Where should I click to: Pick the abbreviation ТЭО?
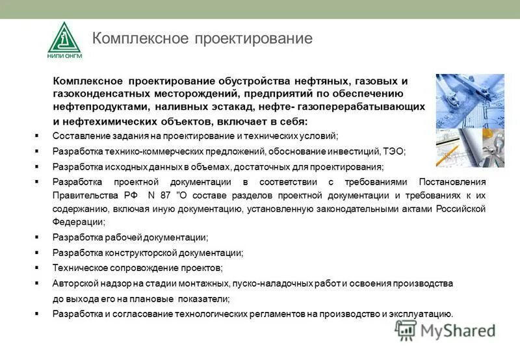(392, 151)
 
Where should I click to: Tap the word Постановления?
(452, 181)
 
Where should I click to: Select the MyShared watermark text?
(458, 331)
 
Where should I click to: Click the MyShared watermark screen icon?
(406, 330)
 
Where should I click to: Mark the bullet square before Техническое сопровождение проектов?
(38, 268)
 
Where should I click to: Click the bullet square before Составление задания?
(38, 136)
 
